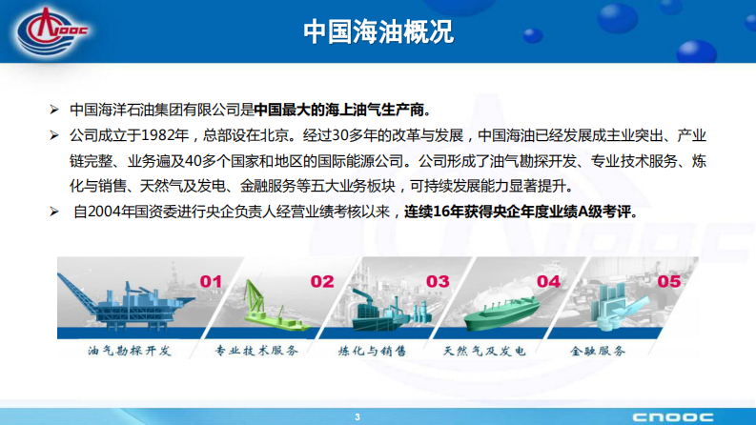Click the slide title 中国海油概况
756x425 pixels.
pyautogui.click(x=378, y=30)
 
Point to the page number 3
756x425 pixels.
pyautogui.click(x=358, y=416)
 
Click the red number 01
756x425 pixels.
pyautogui.click(x=211, y=281)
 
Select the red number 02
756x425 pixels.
pyautogui.click(x=322, y=281)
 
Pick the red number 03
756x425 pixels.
pyautogui.click(x=437, y=281)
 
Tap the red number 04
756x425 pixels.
pyautogui.click(x=548, y=281)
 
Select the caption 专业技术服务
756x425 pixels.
pyautogui.click(x=256, y=351)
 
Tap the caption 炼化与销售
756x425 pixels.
pyautogui.click(x=371, y=351)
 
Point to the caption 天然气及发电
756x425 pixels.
pyautogui.click(x=484, y=351)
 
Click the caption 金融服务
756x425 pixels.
pyautogui.click(x=599, y=351)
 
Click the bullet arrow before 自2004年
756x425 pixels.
pyautogui.click(x=55, y=211)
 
